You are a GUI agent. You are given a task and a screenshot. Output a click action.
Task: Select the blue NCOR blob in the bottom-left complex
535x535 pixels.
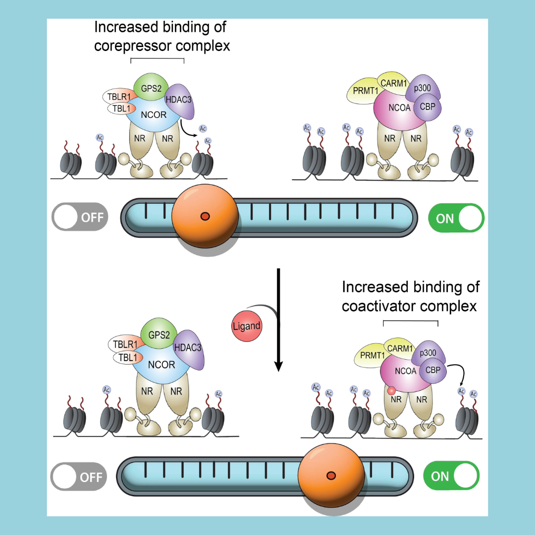tap(161, 365)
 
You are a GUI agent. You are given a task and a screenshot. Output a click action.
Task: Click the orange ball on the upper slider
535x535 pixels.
tap(205, 215)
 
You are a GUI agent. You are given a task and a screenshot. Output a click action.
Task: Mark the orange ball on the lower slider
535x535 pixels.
tap(331, 476)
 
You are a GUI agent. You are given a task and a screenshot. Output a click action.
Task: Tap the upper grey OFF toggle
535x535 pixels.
tap(80, 217)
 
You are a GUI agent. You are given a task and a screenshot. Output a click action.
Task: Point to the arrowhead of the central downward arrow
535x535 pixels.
tap(279, 367)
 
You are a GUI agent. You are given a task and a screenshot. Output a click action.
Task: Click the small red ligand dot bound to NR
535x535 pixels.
tap(392, 391)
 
